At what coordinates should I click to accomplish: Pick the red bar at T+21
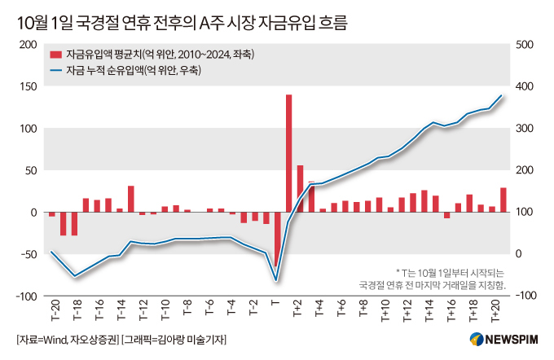pyautogui.click(x=503, y=200)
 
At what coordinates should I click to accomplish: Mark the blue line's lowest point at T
pyautogui.click(x=277, y=280)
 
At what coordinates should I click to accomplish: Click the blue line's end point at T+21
pyautogui.click(x=503, y=95)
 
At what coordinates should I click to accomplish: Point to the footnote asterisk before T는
pyautogui.click(x=398, y=272)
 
